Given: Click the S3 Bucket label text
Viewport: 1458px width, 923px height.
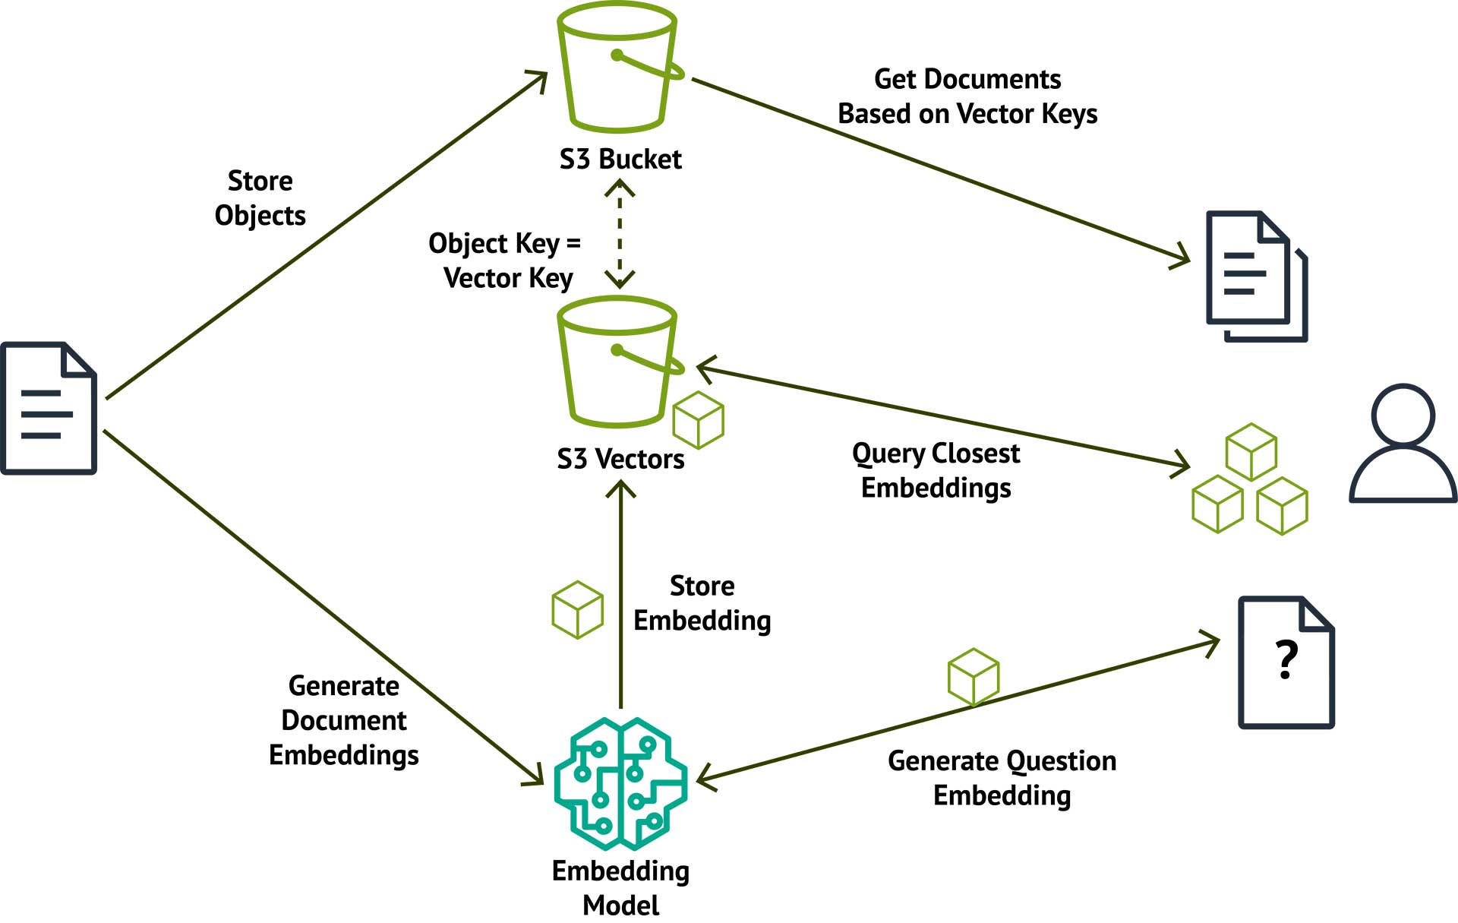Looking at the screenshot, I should (620, 160).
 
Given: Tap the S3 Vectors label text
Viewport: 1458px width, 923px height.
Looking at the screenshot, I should (620, 460).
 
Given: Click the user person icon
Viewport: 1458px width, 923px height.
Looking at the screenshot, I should (1403, 444).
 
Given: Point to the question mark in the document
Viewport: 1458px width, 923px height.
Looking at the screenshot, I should (1286, 659).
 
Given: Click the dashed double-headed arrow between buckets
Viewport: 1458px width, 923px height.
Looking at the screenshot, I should (620, 234).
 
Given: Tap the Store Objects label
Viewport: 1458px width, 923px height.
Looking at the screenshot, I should (260, 198).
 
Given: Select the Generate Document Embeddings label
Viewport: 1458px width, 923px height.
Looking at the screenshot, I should (344, 720).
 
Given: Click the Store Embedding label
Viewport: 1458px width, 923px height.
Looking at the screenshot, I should (702, 603).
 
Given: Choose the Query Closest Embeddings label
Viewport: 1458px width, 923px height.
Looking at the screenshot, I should (936, 470).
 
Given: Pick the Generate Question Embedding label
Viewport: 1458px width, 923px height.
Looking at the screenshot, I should (1002, 778).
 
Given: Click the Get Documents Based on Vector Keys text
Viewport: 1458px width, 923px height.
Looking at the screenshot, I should (967, 96).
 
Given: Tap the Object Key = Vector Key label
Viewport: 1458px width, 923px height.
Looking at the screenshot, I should (506, 261).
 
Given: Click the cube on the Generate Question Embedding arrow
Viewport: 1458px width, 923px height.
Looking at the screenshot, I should (974, 676).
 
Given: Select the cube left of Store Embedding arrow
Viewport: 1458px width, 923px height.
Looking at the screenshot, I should (577, 609).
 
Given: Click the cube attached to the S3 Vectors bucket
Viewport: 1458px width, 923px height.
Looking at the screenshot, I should (699, 420).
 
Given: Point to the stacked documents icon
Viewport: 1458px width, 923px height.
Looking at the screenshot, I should (1257, 277).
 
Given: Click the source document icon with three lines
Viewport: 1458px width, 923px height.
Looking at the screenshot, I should (49, 409).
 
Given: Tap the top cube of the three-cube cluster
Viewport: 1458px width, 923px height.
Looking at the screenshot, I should (1251, 452).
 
